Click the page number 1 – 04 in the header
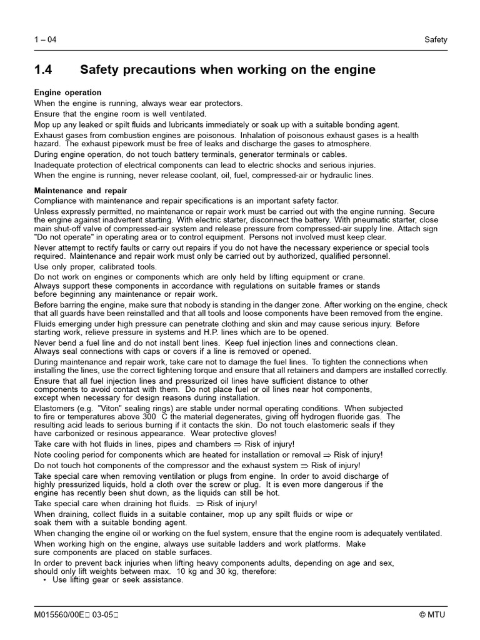pyautogui.click(x=45, y=40)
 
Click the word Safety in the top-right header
pyautogui.click(x=436, y=40)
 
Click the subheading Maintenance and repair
pyautogui.click(x=81, y=191)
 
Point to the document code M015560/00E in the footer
pyautogui.click(x=61, y=614)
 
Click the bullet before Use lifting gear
pyautogui.click(x=44, y=581)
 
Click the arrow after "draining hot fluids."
pyautogui.click(x=201, y=504)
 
